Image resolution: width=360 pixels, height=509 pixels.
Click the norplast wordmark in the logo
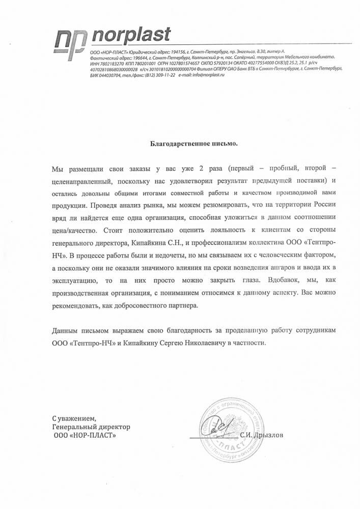tap(131, 36)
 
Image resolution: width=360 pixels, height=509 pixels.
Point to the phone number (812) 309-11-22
tap(158, 74)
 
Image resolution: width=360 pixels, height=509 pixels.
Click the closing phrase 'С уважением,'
tap(73, 418)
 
